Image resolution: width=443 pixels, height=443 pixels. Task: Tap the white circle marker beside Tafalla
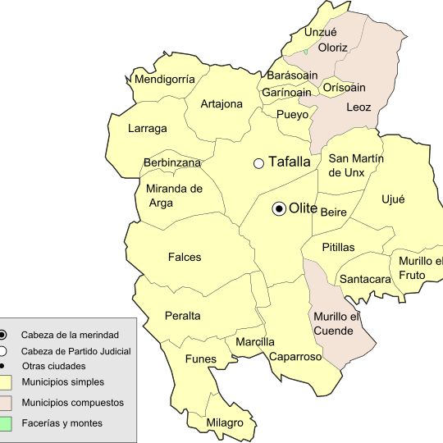(258, 163)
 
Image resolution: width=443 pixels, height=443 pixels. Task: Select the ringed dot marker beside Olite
(280, 209)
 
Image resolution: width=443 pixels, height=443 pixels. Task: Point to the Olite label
(304, 209)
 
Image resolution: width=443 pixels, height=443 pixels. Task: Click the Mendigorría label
(165, 80)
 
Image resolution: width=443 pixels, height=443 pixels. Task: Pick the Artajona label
(221, 104)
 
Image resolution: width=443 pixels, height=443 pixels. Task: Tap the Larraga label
(148, 129)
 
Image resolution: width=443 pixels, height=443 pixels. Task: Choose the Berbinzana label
(172, 163)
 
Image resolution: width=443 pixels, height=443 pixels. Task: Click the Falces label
(185, 257)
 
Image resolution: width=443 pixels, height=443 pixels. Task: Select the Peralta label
(182, 316)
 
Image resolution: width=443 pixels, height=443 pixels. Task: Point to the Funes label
(201, 359)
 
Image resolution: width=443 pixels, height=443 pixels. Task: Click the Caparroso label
(293, 357)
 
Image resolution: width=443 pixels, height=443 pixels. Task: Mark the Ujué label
(394, 199)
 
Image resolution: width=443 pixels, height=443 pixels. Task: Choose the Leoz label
(359, 107)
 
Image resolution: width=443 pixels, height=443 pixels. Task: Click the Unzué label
(321, 32)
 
